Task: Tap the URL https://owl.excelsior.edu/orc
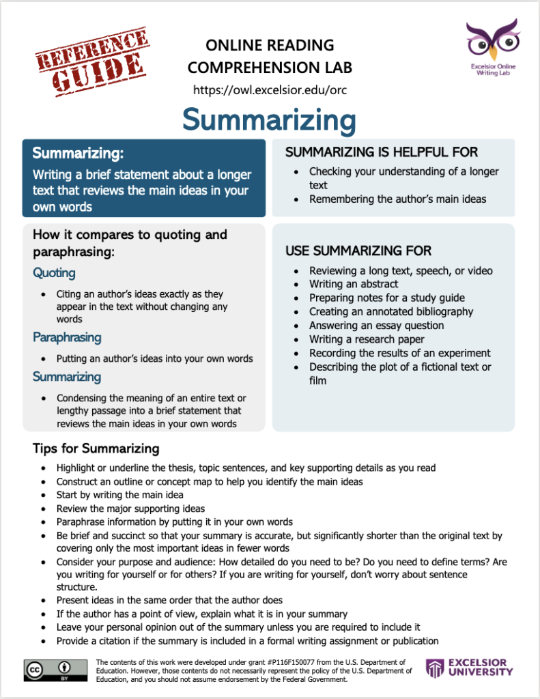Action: pos(270,90)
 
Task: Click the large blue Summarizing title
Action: pos(269,120)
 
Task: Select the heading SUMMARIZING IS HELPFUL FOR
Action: pos(381,152)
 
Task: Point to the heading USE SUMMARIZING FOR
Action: pos(358,251)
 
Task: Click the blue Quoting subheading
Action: pos(54,273)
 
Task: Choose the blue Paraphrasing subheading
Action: pos(66,337)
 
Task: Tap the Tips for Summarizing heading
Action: pos(96,448)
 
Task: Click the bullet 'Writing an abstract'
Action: pos(353,284)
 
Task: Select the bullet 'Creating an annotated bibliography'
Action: pos(390,311)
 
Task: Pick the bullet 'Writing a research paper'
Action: pos(366,339)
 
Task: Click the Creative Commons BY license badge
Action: pos(55,670)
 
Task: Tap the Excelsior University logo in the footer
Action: pos(469,668)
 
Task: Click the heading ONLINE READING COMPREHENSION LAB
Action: pos(270,57)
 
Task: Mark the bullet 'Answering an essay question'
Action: pos(376,326)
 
